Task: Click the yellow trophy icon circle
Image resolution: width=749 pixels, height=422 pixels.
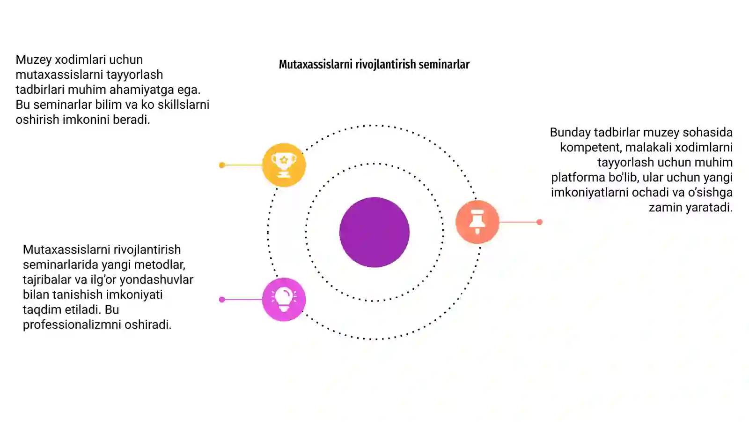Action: pyautogui.click(x=284, y=165)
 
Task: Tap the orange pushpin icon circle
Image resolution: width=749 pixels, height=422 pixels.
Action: pyautogui.click(x=477, y=222)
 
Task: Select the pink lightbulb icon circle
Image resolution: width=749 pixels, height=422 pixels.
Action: pyautogui.click(x=284, y=300)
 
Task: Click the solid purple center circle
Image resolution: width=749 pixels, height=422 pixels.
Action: pyautogui.click(x=374, y=232)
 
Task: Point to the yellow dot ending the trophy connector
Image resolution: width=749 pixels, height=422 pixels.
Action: pyautogui.click(x=222, y=165)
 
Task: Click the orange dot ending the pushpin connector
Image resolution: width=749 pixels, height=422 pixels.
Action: pyautogui.click(x=539, y=222)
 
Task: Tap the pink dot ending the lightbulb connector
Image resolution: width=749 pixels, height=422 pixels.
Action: pyautogui.click(x=222, y=300)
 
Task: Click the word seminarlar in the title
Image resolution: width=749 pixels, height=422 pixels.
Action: pyautogui.click(x=444, y=64)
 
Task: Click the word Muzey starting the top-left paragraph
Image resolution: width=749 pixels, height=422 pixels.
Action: pyautogui.click(x=33, y=60)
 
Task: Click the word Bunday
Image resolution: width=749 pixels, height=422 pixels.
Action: pyautogui.click(x=571, y=132)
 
